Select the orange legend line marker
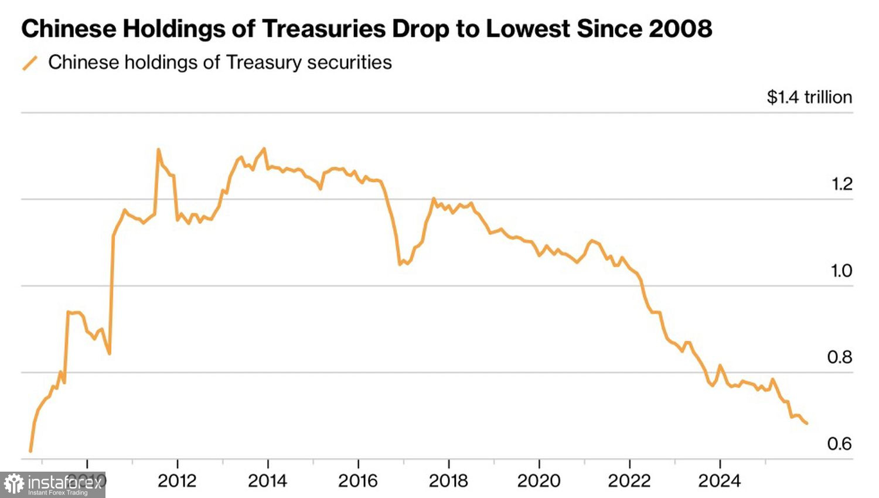(x=30, y=63)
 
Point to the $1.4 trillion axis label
(x=809, y=97)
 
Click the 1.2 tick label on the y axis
(x=841, y=184)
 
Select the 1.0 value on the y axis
(x=841, y=271)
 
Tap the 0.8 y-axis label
(x=839, y=357)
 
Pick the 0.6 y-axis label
(x=839, y=444)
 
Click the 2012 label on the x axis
(x=177, y=481)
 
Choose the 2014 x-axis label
(x=267, y=481)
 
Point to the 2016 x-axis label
(x=357, y=481)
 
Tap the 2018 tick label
(x=448, y=481)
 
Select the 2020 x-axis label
(x=539, y=481)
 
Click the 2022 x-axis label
(x=629, y=481)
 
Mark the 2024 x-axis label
(x=719, y=481)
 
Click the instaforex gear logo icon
(x=14, y=484)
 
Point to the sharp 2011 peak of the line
(x=158, y=149)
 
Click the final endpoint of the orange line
(x=807, y=423)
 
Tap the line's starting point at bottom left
(x=30, y=451)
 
